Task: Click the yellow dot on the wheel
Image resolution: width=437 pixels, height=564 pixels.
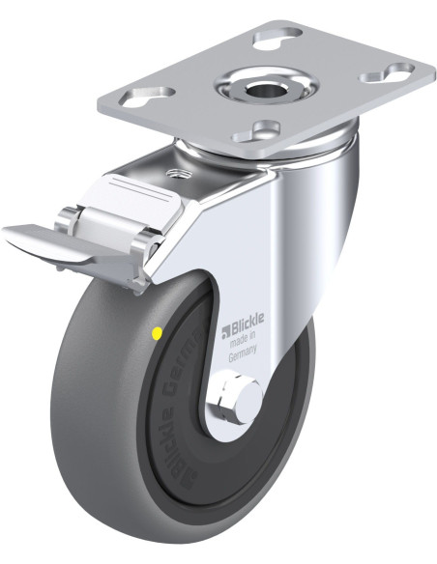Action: point(157,333)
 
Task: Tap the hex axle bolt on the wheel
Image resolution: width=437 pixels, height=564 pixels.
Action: point(236,398)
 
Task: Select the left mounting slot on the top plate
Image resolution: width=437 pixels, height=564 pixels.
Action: point(147,97)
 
